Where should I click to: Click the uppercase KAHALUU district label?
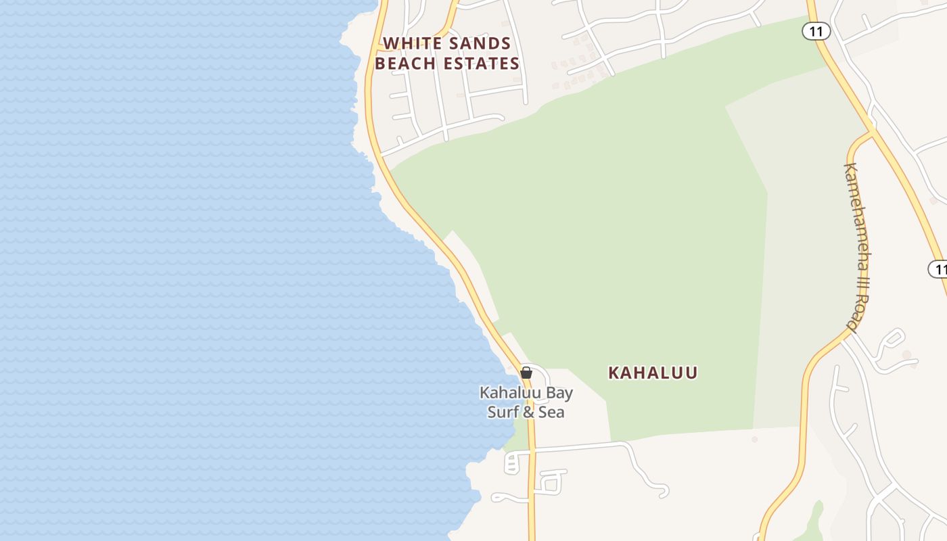point(653,373)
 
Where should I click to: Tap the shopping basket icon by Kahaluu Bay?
point(526,373)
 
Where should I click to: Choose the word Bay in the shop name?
point(559,393)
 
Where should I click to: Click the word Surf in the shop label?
point(503,412)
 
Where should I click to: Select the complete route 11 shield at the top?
point(816,30)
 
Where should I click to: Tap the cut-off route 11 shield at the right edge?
point(938,268)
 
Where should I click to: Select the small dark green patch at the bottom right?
point(816,521)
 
